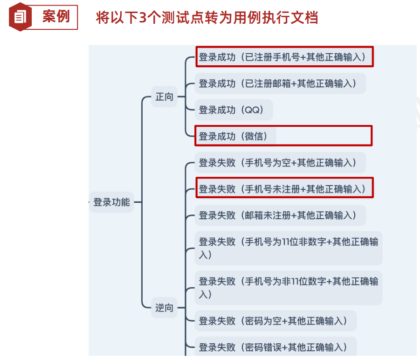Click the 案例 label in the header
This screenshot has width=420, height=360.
click(x=55, y=17)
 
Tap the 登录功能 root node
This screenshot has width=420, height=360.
click(x=111, y=202)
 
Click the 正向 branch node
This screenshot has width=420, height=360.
click(x=164, y=97)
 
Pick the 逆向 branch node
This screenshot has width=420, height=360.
click(x=164, y=308)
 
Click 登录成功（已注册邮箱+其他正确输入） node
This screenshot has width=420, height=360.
click(x=280, y=83)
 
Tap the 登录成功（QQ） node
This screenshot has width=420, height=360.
click(x=233, y=110)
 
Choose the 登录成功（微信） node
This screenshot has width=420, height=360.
click(x=235, y=136)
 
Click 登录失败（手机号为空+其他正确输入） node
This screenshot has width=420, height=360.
click(x=280, y=163)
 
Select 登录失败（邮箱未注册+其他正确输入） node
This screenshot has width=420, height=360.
click(x=280, y=215)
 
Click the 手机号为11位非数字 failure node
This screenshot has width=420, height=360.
click(x=288, y=248)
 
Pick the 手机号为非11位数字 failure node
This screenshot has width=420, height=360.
click(x=288, y=288)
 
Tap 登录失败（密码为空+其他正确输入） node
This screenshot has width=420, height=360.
click(x=275, y=321)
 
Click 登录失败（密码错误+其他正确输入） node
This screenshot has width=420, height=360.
click(x=275, y=347)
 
